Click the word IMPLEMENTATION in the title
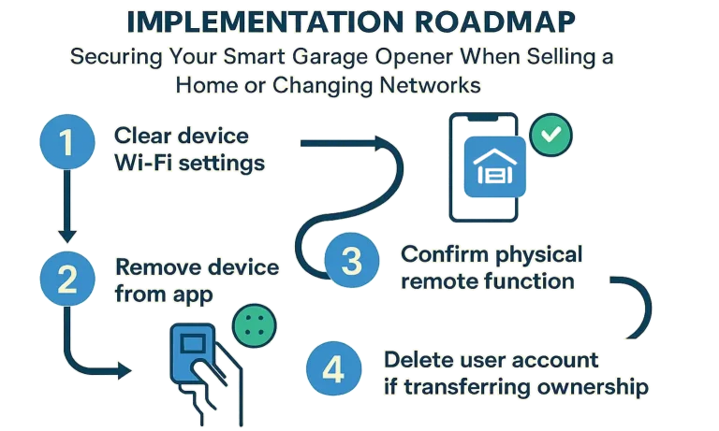(265, 22)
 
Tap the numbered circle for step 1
(67, 141)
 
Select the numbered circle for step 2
(67, 279)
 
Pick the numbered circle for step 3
(352, 260)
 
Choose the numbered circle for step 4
(333, 368)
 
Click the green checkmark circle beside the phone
(550, 135)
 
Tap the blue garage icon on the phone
(494, 166)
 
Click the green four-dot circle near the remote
(255, 325)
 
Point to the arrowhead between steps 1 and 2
(67, 236)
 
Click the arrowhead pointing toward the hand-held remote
(125, 370)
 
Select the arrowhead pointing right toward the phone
(382, 143)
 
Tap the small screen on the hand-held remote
(193, 342)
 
